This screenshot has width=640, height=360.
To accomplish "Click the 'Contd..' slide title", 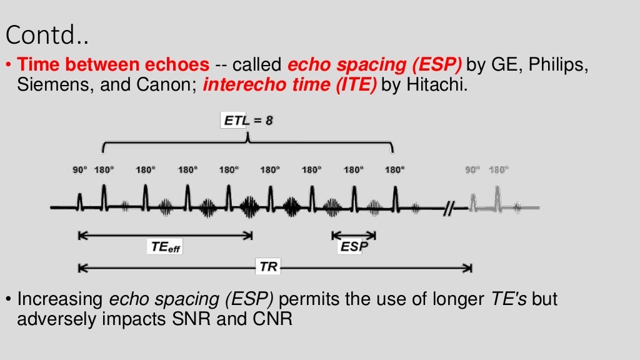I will pyautogui.click(x=47, y=36).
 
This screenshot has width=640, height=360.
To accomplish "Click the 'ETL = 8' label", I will pyautogui.click(x=248, y=121).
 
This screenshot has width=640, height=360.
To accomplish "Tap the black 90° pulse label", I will pyautogui.click(x=79, y=169).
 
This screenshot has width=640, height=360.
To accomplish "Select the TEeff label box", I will pyautogui.click(x=166, y=247).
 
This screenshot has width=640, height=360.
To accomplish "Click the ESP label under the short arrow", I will pyautogui.click(x=353, y=247).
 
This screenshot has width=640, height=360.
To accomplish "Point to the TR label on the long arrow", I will pyautogui.click(x=269, y=267).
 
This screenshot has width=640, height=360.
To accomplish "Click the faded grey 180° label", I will pyautogui.click(x=499, y=169).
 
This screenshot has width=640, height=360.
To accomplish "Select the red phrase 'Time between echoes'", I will pyautogui.click(x=113, y=64).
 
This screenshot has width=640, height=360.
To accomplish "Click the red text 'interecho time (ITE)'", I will pyautogui.click(x=289, y=86).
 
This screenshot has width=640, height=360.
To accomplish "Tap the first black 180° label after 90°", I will pyautogui.click(x=104, y=169).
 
